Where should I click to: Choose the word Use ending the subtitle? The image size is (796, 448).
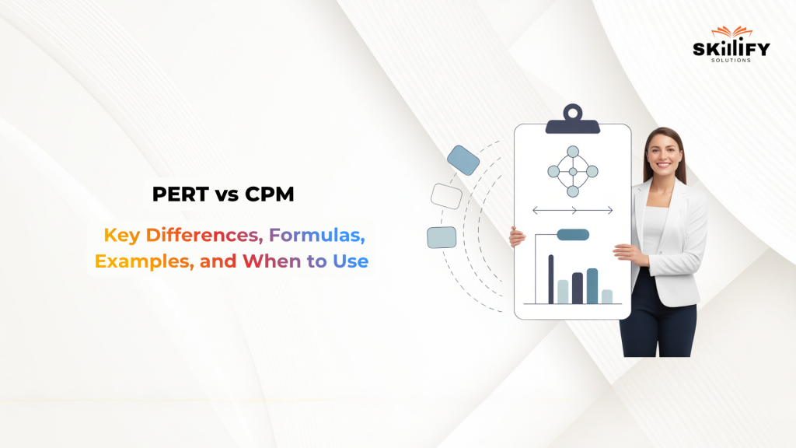point(350,261)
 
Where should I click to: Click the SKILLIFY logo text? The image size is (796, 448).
point(731,50)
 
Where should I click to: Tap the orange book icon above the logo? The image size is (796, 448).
point(731,32)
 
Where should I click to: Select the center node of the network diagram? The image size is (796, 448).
point(573,171)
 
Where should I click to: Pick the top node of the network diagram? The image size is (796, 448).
point(573,152)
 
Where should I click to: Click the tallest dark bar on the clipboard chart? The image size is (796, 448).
point(551,278)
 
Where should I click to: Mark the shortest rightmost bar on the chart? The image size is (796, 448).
point(607,296)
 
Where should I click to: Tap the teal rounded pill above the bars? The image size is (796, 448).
point(573,234)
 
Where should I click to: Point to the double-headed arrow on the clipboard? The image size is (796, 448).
point(573,210)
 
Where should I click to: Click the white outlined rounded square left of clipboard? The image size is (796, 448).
point(446,196)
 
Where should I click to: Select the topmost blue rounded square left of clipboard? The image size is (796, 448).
point(463,159)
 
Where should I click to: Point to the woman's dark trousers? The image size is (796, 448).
point(659,319)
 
